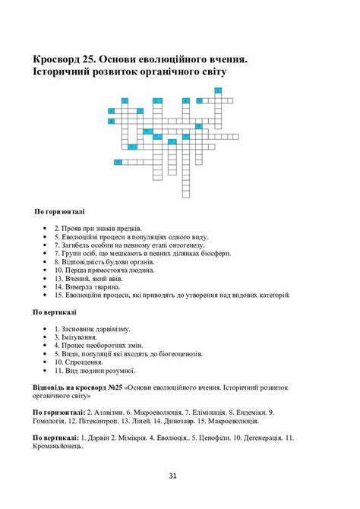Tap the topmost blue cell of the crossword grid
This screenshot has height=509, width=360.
(x=218, y=90)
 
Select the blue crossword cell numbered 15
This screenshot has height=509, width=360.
(x=118, y=162)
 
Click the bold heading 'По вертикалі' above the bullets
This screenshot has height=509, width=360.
(x=55, y=311)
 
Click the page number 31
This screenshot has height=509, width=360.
(x=172, y=476)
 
